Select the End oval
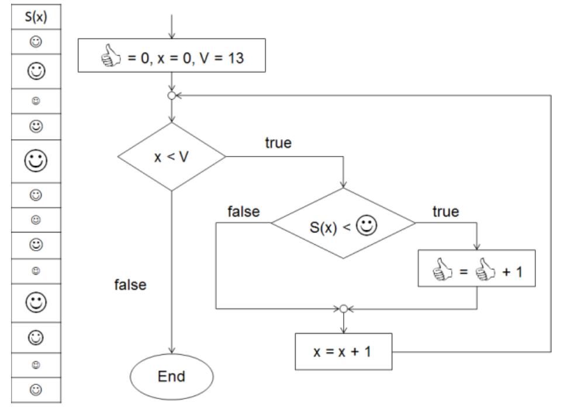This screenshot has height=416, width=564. pyautogui.click(x=171, y=376)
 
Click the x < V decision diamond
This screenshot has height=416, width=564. pyautogui.click(x=171, y=157)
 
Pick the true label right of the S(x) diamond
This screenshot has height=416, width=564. pyautogui.click(x=445, y=211)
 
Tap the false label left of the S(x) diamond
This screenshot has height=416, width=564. pyautogui.click(x=243, y=212)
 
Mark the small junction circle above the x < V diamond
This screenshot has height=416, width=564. pyautogui.click(x=171, y=96)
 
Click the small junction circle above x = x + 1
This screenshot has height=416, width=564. pyautogui.click(x=343, y=308)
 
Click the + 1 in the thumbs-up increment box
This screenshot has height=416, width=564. pyautogui.click(x=513, y=269)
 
